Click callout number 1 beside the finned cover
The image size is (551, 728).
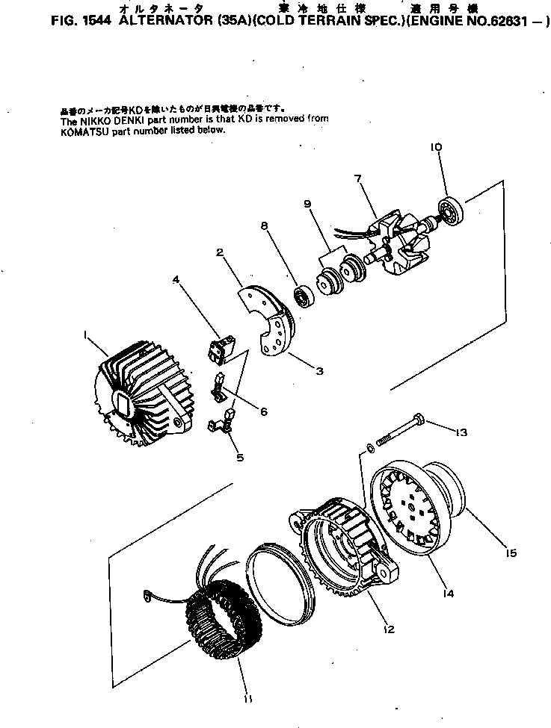tap(87, 337)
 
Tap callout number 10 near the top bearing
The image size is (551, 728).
tap(437, 148)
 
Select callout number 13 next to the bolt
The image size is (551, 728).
tap(461, 432)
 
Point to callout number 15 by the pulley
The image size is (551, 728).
tap(511, 553)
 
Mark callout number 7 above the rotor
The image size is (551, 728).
tap(358, 179)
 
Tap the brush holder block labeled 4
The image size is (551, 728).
tap(220, 346)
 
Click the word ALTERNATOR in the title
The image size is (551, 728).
tap(153, 22)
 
